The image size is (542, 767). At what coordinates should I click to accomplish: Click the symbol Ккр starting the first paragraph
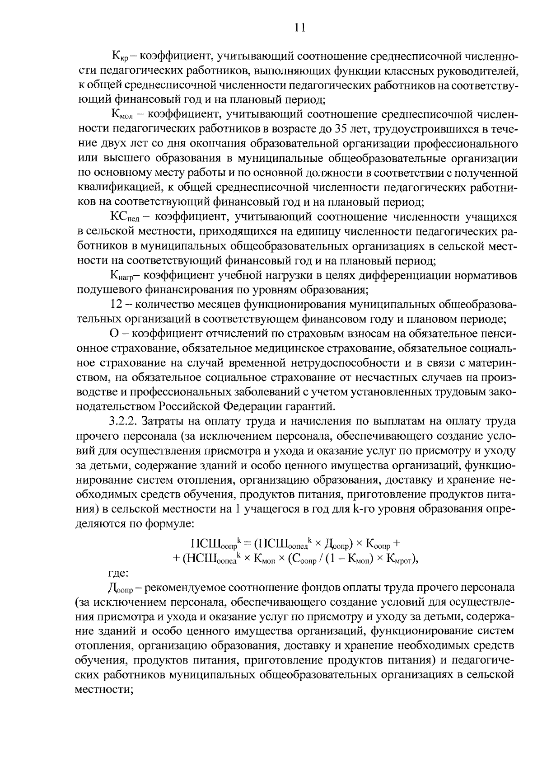point(121,57)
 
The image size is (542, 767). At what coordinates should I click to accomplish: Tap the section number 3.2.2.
point(123,421)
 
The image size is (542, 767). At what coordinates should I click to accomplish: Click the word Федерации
point(252,406)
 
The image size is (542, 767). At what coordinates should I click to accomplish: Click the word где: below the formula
point(118,573)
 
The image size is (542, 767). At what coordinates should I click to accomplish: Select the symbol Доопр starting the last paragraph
point(119,588)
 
